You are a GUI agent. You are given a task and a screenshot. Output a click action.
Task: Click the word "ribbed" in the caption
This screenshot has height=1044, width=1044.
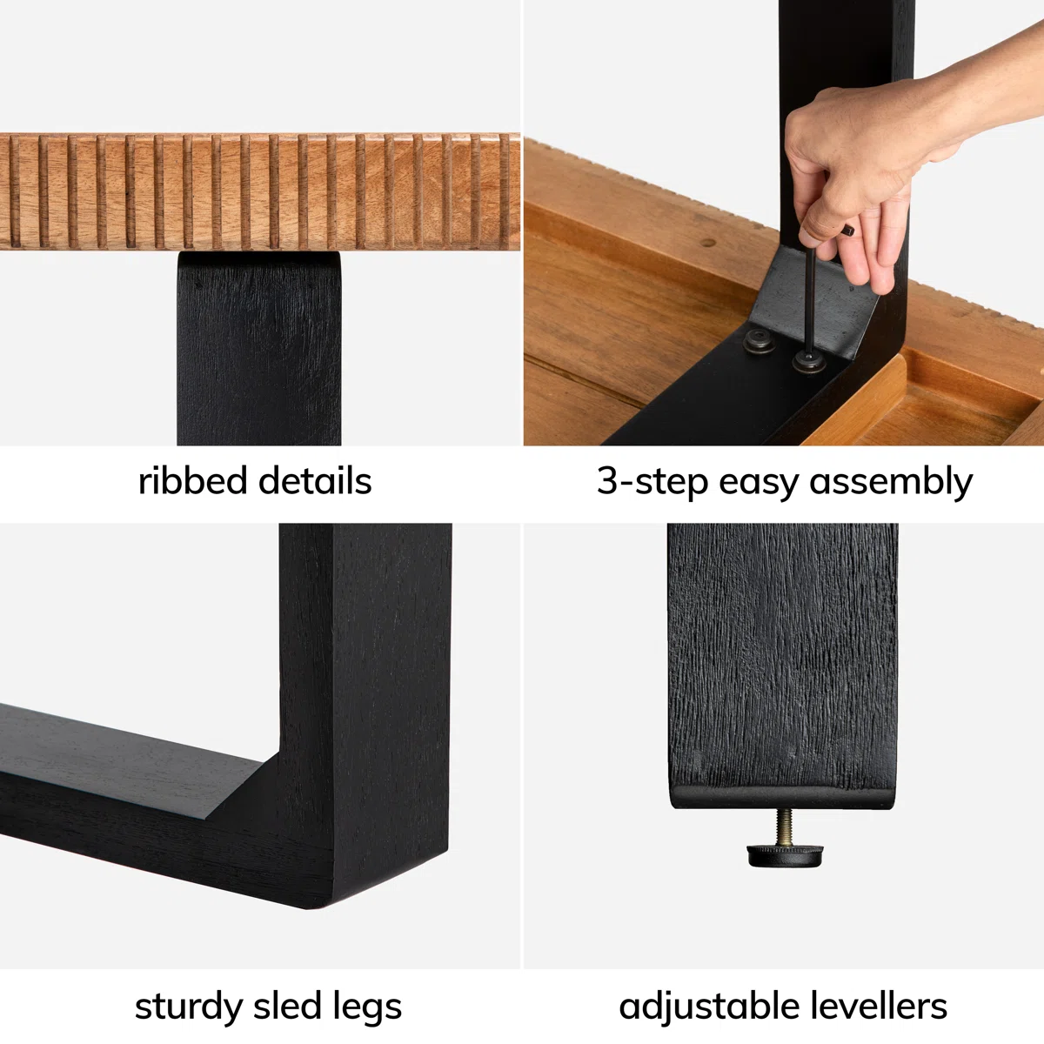(x=192, y=480)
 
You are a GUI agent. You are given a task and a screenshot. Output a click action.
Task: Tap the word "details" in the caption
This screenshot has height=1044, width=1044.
(x=315, y=480)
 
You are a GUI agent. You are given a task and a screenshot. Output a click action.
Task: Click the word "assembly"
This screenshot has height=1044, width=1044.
(x=891, y=482)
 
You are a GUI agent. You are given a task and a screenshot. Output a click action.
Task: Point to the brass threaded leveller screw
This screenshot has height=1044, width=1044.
(x=784, y=826)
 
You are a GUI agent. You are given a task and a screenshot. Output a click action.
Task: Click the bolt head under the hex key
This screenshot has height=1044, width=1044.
(x=809, y=362)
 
